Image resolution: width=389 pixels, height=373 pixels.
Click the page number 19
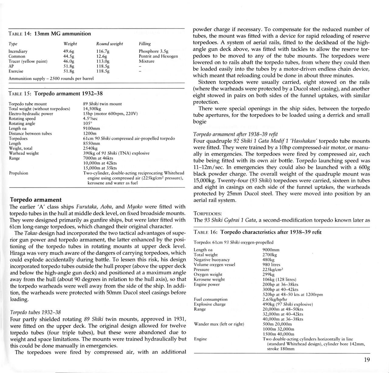367,360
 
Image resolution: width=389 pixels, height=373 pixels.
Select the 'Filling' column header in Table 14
145,44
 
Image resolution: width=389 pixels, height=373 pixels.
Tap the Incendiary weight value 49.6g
69,51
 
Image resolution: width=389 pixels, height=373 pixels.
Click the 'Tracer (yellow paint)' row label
28,61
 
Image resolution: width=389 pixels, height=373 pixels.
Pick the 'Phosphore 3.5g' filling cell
153,51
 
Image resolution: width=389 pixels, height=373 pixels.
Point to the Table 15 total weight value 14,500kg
92,109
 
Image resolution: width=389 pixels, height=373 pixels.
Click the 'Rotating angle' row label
22,124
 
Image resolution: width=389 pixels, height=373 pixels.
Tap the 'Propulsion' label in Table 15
18,173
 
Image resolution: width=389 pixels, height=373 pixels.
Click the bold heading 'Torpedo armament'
36,200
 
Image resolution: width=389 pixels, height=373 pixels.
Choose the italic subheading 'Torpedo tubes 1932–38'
35,312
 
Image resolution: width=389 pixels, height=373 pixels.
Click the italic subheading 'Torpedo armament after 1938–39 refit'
235,134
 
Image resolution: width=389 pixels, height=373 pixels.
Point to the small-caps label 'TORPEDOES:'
208,214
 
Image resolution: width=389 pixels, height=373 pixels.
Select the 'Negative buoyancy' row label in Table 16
212,260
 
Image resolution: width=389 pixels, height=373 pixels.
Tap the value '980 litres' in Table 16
271,265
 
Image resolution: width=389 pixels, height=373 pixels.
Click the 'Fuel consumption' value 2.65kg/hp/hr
275,299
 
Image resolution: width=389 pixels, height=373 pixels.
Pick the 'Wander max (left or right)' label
219,324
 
